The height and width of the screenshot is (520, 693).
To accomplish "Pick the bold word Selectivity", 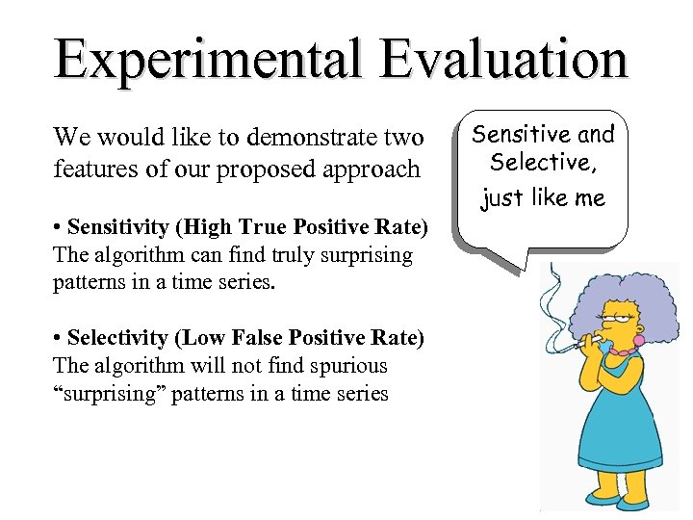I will point(116,338).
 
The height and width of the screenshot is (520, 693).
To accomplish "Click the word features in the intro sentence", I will point(89,169).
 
